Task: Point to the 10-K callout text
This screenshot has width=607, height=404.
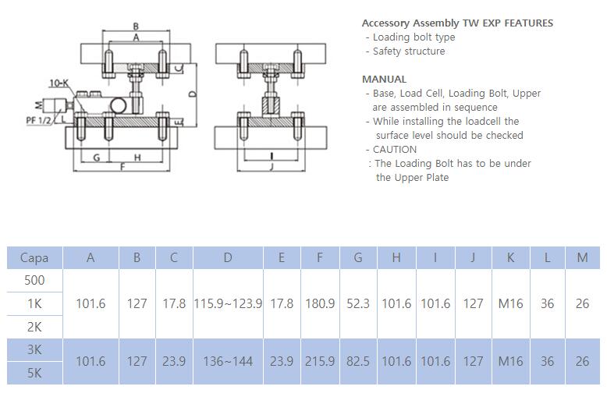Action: pos(58,83)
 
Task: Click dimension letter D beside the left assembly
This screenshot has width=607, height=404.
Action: pos(192,94)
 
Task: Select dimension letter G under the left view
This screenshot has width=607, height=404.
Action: pos(96,157)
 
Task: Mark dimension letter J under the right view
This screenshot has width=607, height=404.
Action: pos(270,166)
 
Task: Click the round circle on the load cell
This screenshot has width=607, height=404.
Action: pos(119,105)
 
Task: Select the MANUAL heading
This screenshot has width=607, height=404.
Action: pos(384,80)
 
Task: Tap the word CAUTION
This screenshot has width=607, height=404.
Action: pos(395,150)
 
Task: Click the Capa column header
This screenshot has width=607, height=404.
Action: pos(34,258)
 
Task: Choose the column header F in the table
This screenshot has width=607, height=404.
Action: pos(320,258)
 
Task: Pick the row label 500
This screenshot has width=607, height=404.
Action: pos(34,280)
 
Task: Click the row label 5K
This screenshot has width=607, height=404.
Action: pos(34,373)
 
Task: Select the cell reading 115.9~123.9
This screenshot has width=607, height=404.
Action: pos(228,303)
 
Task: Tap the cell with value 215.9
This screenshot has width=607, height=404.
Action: pos(320,361)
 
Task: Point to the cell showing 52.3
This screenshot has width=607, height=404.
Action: pos(358,303)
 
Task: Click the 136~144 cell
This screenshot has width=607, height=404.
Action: pos(228,361)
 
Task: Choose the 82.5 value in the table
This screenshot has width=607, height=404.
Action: pos(358,361)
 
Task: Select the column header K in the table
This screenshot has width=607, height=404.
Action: pos(510,258)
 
